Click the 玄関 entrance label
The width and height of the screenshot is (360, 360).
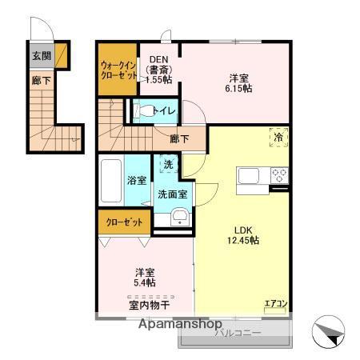click(x=41, y=56)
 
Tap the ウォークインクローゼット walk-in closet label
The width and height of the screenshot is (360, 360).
click(x=118, y=70)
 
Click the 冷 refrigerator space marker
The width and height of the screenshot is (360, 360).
click(x=278, y=137)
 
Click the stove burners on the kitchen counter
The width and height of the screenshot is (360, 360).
click(x=278, y=174)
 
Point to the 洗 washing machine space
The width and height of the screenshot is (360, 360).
click(x=168, y=165)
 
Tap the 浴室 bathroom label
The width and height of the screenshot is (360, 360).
click(x=137, y=181)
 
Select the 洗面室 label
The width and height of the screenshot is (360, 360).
click(x=172, y=194)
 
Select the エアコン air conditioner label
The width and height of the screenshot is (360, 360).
click(x=275, y=303)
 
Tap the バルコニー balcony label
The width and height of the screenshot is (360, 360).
click(x=237, y=332)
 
